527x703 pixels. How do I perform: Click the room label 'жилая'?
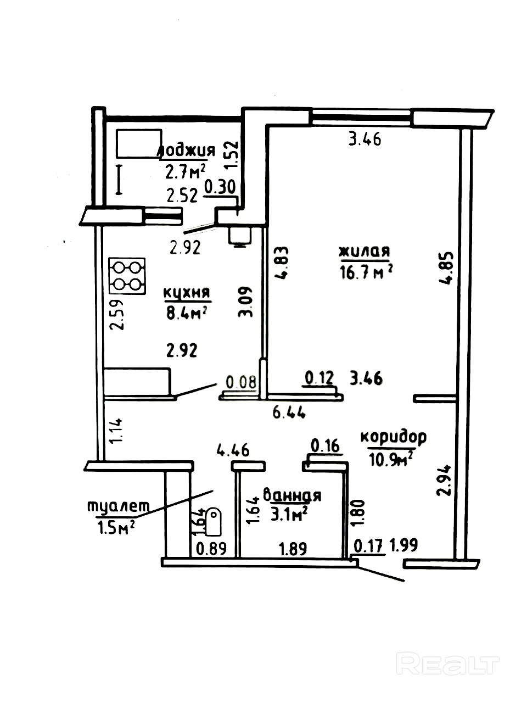365,252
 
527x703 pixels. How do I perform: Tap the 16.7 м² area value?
366,272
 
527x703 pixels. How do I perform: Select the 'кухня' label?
187,293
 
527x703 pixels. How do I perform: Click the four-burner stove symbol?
127,276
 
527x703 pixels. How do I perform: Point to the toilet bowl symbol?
214,523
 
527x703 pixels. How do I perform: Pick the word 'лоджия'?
188,150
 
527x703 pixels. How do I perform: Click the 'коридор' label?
394,438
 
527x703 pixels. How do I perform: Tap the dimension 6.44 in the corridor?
289,413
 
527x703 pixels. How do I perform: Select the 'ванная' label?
292,495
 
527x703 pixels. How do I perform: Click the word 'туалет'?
119,506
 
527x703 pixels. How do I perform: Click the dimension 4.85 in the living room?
446,269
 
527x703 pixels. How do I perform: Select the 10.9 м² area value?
390,460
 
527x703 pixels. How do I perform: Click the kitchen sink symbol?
239,236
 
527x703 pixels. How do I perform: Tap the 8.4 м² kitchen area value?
185,313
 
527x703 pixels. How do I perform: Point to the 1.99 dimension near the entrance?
403,545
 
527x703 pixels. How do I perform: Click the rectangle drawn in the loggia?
139,143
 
